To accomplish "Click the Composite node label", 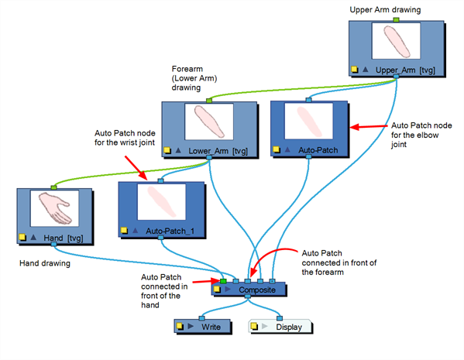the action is point(257,290).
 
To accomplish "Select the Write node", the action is point(202,327).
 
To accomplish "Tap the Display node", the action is point(280,327).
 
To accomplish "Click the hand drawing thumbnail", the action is point(55,208).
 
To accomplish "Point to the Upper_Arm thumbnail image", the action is point(396,41).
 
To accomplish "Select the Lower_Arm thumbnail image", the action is point(209,122).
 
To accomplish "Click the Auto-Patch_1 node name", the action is point(170,231).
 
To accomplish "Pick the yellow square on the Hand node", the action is point(22,237).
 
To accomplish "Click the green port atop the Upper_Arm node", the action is point(397,20).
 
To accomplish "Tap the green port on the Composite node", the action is point(223,281).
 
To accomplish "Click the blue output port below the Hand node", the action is point(53,244).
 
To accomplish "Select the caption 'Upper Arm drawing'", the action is point(385,10).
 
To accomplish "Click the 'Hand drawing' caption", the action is point(45,263).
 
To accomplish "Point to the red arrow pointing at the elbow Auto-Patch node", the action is point(369,127).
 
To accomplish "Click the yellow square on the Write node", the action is point(180,326).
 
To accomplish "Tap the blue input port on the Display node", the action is point(280,318).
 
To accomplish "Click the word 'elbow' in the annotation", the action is point(428,135).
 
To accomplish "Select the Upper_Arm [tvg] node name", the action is point(405,70).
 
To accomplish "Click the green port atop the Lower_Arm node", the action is point(209,101).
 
